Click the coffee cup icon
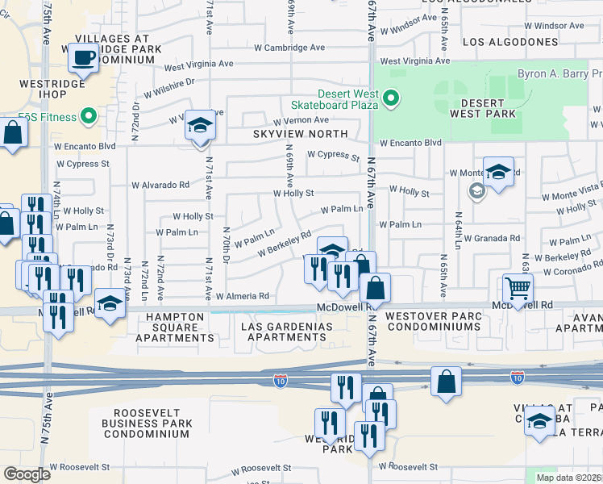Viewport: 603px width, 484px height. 84,57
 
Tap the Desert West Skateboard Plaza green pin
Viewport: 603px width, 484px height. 392,100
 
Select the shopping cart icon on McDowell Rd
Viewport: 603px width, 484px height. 517,288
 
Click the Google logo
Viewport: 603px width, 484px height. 27,474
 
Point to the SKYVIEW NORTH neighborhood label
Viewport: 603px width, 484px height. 300,134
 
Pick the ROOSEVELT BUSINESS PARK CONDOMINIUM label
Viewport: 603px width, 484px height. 147,423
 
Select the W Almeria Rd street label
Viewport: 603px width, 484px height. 242,296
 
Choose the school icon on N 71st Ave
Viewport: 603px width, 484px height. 200,126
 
